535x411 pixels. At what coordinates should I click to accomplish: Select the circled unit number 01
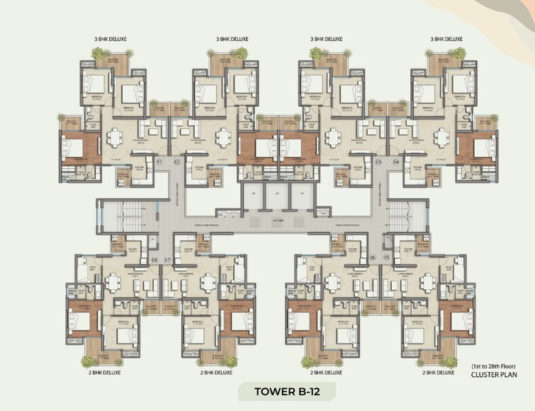point(160,163)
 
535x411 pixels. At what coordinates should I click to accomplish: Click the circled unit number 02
point(178,163)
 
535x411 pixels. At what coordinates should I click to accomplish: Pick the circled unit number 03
point(378,163)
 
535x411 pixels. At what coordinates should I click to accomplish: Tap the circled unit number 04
point(396,163)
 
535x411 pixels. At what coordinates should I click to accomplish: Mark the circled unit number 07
point(168,260)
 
